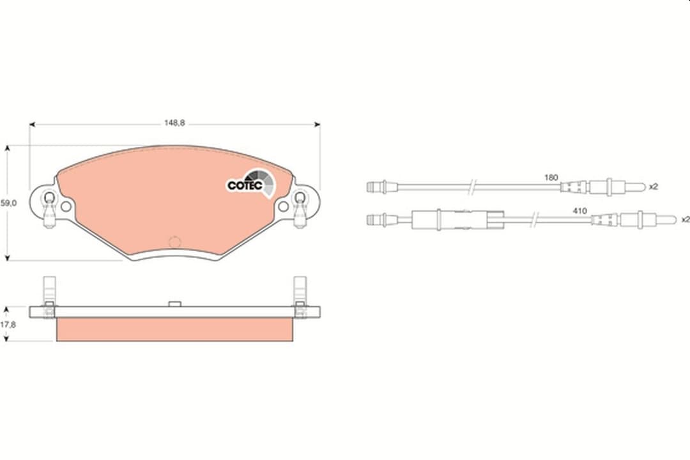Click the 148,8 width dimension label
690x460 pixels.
pyautogui.click(x=174, y=123)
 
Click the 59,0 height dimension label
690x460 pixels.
pyautogui.click(x=7, y=203)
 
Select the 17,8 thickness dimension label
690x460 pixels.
pyautogui.click(x=7, y=325)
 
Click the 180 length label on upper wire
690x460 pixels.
pyautogui.click(x=551, y=177)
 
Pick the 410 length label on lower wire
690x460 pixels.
pyautogui.click(x=580, y=210)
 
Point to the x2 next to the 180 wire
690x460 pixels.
pyautogui.click(x=653, y=187)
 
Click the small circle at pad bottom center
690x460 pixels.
pyautogui.click(x=173, y=242)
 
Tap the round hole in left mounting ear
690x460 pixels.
pyautogui.click(x=66, y=206)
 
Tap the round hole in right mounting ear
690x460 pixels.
pyautogui.click(x=283, y=206)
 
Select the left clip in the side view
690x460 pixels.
pyautogui.click(x=49, y=295)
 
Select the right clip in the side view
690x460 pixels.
pyautogui.click(x=300, y=295)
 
